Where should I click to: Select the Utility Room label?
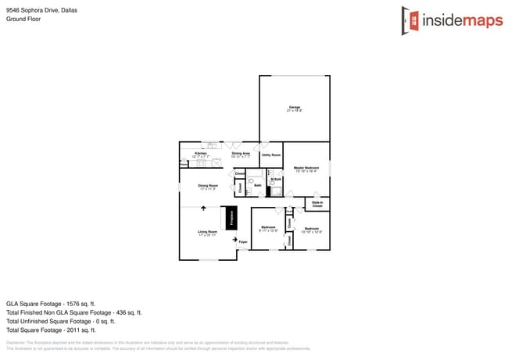270,155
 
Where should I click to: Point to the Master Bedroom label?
306,169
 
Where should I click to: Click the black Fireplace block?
231,218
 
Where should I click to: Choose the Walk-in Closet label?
317,204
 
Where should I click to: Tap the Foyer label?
243,243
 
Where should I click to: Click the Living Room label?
207,233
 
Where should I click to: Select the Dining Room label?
208,187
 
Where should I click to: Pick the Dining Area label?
241,155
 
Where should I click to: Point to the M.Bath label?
276,180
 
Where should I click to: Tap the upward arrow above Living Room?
205,209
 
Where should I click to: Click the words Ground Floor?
23,19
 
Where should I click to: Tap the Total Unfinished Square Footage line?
60,321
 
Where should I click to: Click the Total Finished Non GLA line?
73,312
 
